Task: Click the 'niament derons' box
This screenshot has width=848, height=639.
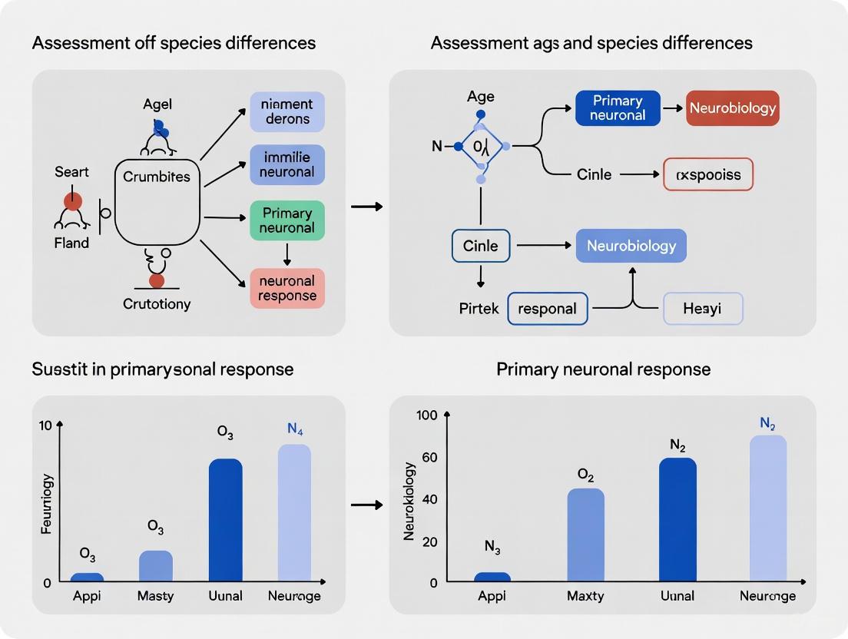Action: click(287, 111)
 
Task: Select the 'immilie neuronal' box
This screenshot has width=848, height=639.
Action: click(287, 164)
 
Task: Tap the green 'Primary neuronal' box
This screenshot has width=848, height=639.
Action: click(287, 220)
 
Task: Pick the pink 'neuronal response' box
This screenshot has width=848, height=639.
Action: click(287, 288)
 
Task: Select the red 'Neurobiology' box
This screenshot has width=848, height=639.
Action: click(732, 108)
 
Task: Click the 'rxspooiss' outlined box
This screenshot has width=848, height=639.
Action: click(707, 174)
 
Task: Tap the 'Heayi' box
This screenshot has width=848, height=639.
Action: click(702, 309)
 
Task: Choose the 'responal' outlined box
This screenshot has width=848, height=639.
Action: click(547, 309)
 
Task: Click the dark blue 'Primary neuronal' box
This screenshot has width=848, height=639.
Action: click(618, 108)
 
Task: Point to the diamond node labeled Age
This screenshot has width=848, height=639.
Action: click(480, 146)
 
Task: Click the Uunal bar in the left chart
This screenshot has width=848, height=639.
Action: click(225, 520)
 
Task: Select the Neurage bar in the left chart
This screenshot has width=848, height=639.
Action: click(294, 512)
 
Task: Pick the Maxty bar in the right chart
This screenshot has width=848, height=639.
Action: click(585, 535)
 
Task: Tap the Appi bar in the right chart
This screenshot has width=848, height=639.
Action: click(492, 577)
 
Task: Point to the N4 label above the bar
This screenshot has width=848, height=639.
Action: click(295, 429)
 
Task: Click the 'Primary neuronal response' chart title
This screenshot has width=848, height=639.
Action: click(603, 369)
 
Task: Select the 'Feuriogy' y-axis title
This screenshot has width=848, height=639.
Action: click(47, 505)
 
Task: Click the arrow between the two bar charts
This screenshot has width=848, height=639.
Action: click(366, 505)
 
